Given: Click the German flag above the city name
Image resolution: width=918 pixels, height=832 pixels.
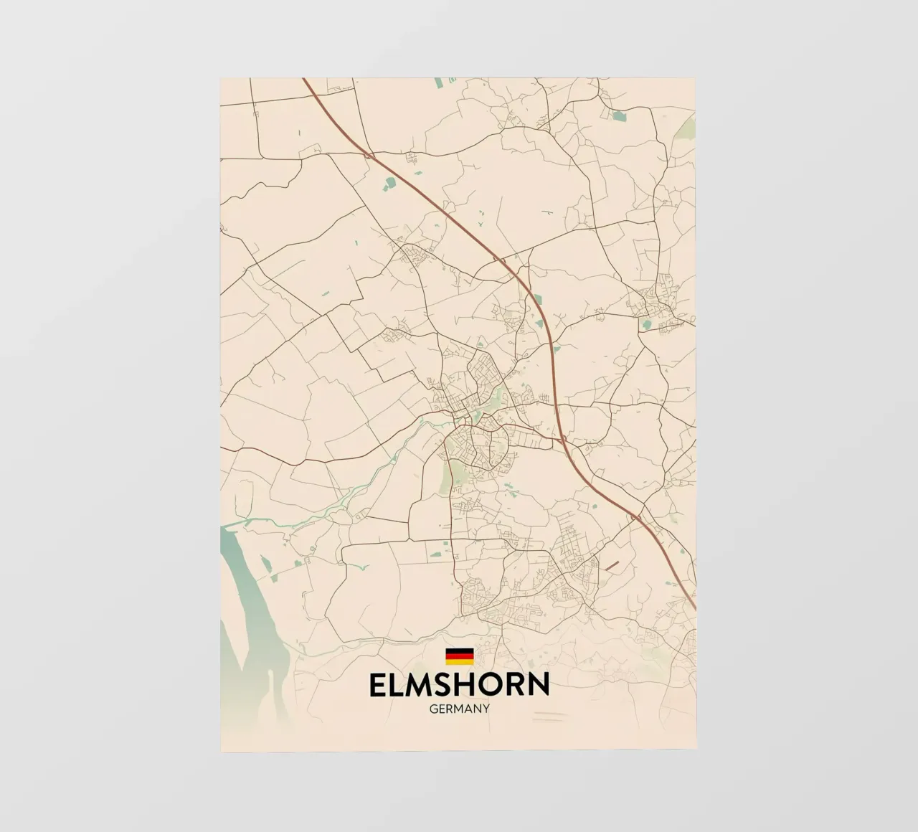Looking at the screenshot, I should pyautogui.click(x=459, y=656).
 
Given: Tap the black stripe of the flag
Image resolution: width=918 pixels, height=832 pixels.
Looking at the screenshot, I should pyautogui.click(x=459, y=650).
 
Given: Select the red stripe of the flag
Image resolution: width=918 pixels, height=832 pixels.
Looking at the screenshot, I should pyautogui.click(x=459, y=656).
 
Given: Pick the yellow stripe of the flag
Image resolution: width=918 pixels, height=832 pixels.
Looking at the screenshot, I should pyautogui.click(x=459, y=661).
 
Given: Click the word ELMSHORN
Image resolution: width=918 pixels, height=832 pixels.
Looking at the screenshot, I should pyautogui.click(x=459, y=685).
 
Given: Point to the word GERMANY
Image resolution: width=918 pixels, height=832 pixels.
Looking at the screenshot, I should pyautogui.click(x=459, y=709).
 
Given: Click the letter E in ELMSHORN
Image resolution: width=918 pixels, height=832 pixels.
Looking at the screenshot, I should pyautogui.click(x=378, y=685).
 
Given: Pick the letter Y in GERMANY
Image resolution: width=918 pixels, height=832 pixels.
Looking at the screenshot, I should pyautogui.click(x=486, y=709).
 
